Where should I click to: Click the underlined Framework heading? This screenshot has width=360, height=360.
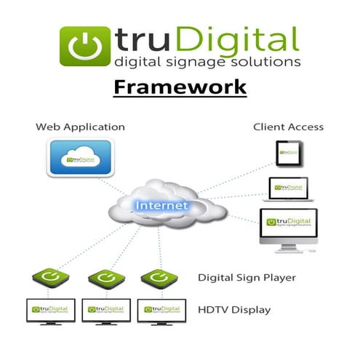pyautogui.click(x=180, y=87)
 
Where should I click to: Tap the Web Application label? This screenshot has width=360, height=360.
pyautogui.click(x=80, y=127)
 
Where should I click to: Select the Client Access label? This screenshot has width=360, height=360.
pyautogui.click(x=288, y=127)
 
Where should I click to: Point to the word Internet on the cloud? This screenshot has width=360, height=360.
pyautogui.click(x=161, y=206)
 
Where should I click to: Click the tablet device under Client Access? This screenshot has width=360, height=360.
pyautogui.click(x=288, y=153)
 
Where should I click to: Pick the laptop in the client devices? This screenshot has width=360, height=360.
pyautogui.click(x=290, y=189)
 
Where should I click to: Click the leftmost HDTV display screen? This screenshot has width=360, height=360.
pyautogui.click(x=49, y=309)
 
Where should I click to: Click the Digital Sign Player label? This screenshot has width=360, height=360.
pyautogui.click(x=246, y=278)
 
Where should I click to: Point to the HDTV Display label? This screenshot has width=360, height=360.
pyautogui.click(x=234, y=310)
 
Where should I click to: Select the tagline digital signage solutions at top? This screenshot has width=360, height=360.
pyautogui.click(x=207, y=62)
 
